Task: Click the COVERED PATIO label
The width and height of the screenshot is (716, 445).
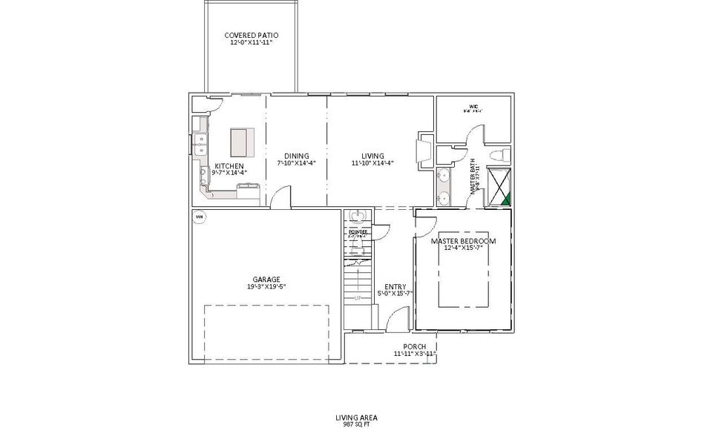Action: (252, 35)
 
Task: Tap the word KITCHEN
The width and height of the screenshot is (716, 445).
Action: (229, 165)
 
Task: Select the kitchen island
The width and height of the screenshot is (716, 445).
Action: (242, 140)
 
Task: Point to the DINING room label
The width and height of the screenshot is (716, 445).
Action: (296, 156)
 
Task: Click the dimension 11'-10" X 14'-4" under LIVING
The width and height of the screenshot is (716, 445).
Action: (372, 163)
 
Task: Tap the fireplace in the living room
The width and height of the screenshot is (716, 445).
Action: (425, 148)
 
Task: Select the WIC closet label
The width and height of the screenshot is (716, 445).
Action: (473, 107)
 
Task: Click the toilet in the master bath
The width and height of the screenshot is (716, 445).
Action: (501, 155)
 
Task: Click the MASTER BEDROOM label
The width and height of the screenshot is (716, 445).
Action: (463, 241)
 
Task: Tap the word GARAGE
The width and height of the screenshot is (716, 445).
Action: (266, 280)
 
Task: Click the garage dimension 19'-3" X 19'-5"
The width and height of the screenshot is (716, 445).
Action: (266, 287)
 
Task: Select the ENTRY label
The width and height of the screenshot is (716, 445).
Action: (394, 286)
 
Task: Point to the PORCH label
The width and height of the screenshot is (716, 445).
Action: (414, 346)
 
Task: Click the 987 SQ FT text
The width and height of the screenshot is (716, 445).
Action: (357, 425)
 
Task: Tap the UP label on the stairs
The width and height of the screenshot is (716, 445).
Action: (358, 298)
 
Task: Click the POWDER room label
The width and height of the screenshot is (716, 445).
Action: (358, 231)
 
